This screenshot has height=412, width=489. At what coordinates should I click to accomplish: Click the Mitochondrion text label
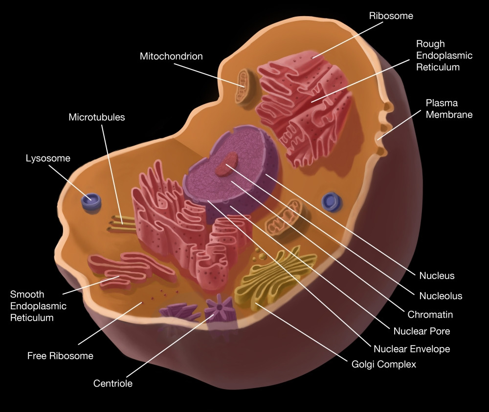coord(171,56)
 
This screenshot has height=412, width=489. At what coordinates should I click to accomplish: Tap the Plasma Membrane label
coord(449,109)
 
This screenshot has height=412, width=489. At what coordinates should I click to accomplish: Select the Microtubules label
coord(97,117)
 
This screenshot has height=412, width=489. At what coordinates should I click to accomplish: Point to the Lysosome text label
coord(48,158)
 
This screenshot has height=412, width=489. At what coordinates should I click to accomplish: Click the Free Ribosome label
coord(60,356)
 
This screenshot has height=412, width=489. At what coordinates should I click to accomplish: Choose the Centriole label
coord(113,383)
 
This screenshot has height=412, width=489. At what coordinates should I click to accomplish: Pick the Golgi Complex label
coord(384,364)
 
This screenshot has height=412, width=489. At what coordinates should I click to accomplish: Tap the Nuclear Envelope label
coord(412,349)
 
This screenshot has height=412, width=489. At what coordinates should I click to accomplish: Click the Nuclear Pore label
coord(422,331)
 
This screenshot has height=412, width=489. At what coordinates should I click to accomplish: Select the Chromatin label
coord(430,314)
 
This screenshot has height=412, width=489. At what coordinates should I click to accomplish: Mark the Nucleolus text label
coord(441,296)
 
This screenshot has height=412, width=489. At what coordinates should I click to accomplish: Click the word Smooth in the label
coord(27,294)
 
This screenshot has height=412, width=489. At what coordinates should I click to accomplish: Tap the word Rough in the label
coord(430,44)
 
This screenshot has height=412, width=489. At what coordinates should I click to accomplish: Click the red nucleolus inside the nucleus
coord(226,165)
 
